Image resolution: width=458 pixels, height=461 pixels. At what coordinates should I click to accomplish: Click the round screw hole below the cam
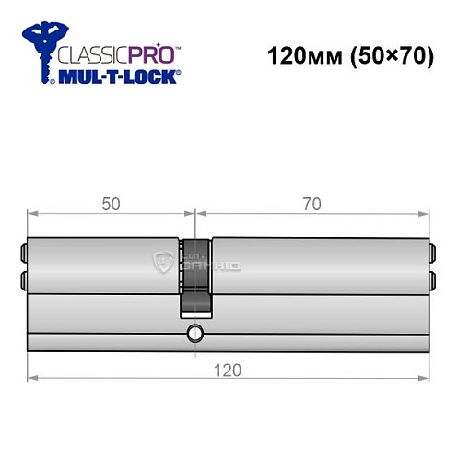(194, 332)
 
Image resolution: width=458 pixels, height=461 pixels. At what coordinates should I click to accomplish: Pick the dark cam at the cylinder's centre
(197, 277)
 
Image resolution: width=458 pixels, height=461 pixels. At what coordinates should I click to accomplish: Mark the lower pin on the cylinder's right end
(431, 276)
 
